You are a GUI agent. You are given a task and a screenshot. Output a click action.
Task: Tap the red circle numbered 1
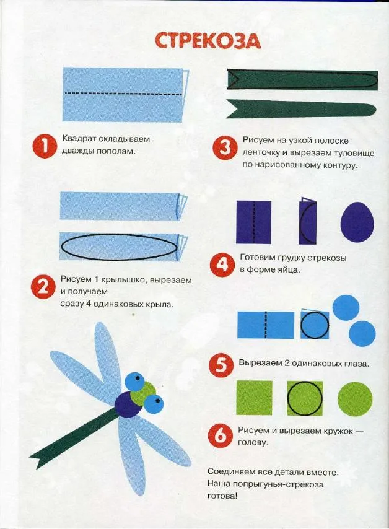[x=44, y=147]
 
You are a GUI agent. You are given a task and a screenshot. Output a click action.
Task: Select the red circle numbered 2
[x=42, y=289]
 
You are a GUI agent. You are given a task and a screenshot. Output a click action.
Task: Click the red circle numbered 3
[x=224, y=148]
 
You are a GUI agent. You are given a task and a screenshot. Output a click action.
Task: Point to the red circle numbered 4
[x=221, y=265]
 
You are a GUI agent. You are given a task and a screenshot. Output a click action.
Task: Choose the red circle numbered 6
[x=220, y=435]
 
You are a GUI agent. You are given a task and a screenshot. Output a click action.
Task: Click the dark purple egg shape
[x=357, y=222]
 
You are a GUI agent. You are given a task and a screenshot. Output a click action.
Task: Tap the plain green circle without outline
[x=355, y=399]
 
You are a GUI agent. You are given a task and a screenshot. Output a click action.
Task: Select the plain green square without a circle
[x=254, y=398]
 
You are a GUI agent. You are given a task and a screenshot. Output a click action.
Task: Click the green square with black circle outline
[x=305, y=398]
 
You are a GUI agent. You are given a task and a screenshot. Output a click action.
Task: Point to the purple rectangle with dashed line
[x=254, y=222]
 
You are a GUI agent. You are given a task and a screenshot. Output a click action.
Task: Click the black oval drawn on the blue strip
[x=119, y=247]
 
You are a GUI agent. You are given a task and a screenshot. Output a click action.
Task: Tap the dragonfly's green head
[x=141, y=394]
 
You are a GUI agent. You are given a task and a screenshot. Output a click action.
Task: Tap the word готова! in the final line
[x=222, y=496]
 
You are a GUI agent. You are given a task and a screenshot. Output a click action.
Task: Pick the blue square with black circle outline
[x=315, y=325]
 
